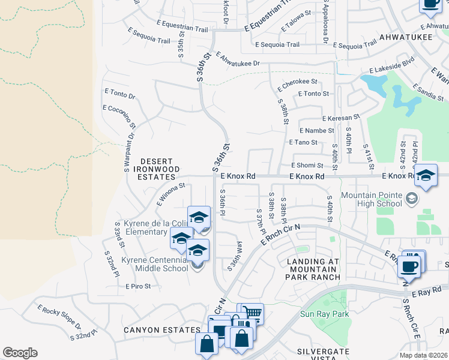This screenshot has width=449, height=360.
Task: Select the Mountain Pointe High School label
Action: click(x=372, y=199)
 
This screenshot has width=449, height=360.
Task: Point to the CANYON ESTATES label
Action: click(x=162, y=330)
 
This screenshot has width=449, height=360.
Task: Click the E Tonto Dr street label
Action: click(x=119, y=94)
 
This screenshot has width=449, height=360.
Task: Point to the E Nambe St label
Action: click(x=317, y=130)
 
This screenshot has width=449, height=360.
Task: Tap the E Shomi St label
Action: click(x=308, y=165)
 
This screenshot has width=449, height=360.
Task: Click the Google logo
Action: click(x=20, y=353)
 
